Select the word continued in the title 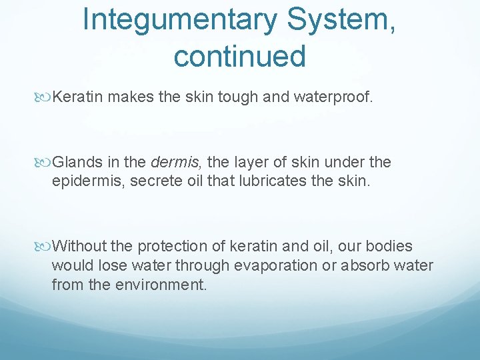point(239,56)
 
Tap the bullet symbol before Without point(45,247)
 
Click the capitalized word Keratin point(78,97)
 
